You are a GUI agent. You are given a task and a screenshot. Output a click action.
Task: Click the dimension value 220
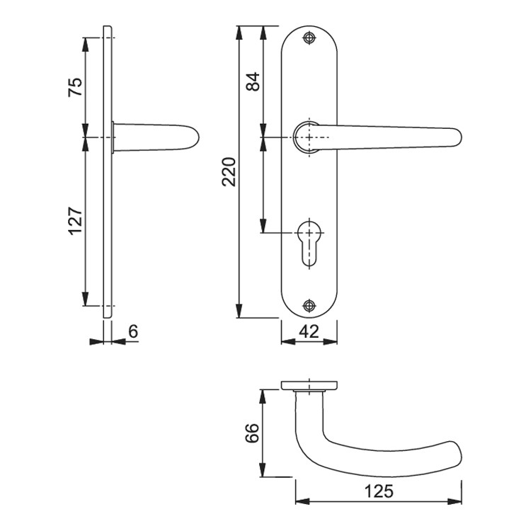(229, 172)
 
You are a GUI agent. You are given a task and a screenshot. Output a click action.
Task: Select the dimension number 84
(253, 81)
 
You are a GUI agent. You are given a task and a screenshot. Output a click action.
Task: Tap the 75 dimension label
(75, 87)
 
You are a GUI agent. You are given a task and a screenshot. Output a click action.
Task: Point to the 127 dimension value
(75, 220)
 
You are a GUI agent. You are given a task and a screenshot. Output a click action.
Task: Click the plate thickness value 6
(133, 331)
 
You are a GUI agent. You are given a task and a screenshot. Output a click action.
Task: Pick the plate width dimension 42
(309, 331)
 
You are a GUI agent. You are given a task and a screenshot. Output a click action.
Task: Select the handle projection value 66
(252, 433)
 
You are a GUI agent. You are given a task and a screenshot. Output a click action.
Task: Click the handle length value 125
(379, 491)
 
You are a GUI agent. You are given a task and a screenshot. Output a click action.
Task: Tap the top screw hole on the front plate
(309, 38)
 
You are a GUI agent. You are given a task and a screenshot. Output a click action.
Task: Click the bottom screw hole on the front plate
(309, 306)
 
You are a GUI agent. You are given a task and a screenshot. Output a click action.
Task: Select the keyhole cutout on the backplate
(309, 243)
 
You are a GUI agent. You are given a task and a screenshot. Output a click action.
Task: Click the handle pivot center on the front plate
(309, 137)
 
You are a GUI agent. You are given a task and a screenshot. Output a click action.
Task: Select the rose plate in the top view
(309, 385)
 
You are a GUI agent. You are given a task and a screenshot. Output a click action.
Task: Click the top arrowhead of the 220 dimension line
(239, 33)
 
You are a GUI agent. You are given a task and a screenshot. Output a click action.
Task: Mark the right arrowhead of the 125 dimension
(455, 501)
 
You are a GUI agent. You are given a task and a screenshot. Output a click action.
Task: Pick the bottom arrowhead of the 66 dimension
(263, 469)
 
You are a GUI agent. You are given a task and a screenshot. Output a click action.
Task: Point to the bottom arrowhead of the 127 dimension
(86, 299)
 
